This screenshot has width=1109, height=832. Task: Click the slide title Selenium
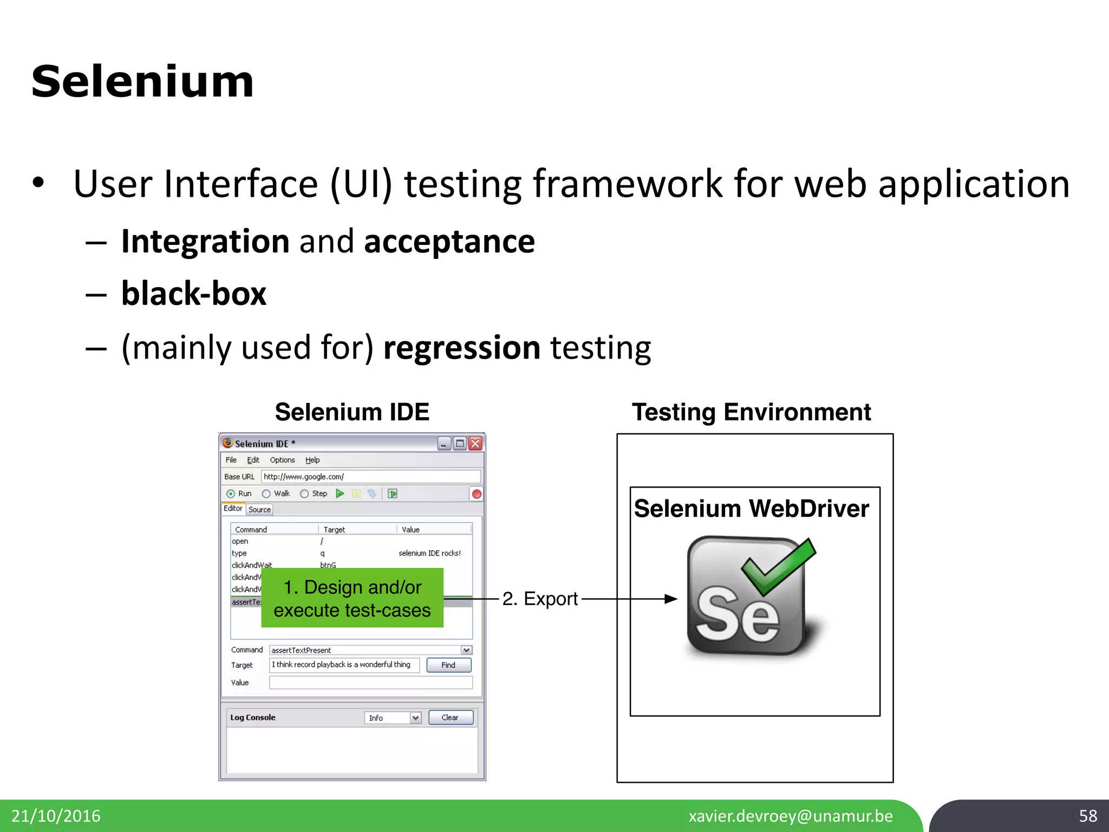(142, 82)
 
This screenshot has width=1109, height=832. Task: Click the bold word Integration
(205, 241)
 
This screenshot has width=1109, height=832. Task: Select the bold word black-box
(194, 294)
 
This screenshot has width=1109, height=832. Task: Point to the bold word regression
(461, 347)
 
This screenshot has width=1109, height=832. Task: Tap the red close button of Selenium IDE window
(475, 444)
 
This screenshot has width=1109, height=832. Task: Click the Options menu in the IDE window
(282, 460)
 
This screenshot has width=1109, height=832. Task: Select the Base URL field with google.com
(370, 477)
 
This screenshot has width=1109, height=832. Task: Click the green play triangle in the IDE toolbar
(340, 493)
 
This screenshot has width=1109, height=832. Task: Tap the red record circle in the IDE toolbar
(477, 494)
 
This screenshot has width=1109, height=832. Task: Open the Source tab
(259, 510)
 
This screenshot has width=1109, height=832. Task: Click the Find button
(448, 665)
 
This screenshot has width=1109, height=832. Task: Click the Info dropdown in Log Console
(393, 718)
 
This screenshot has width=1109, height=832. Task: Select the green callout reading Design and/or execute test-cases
(352, 598)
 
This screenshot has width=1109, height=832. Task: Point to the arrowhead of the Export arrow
(671, 599)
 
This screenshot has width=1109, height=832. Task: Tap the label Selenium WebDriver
(751, 509)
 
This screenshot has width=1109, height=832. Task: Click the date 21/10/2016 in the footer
(56, 816)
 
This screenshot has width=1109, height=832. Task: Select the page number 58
(1088, 816)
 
